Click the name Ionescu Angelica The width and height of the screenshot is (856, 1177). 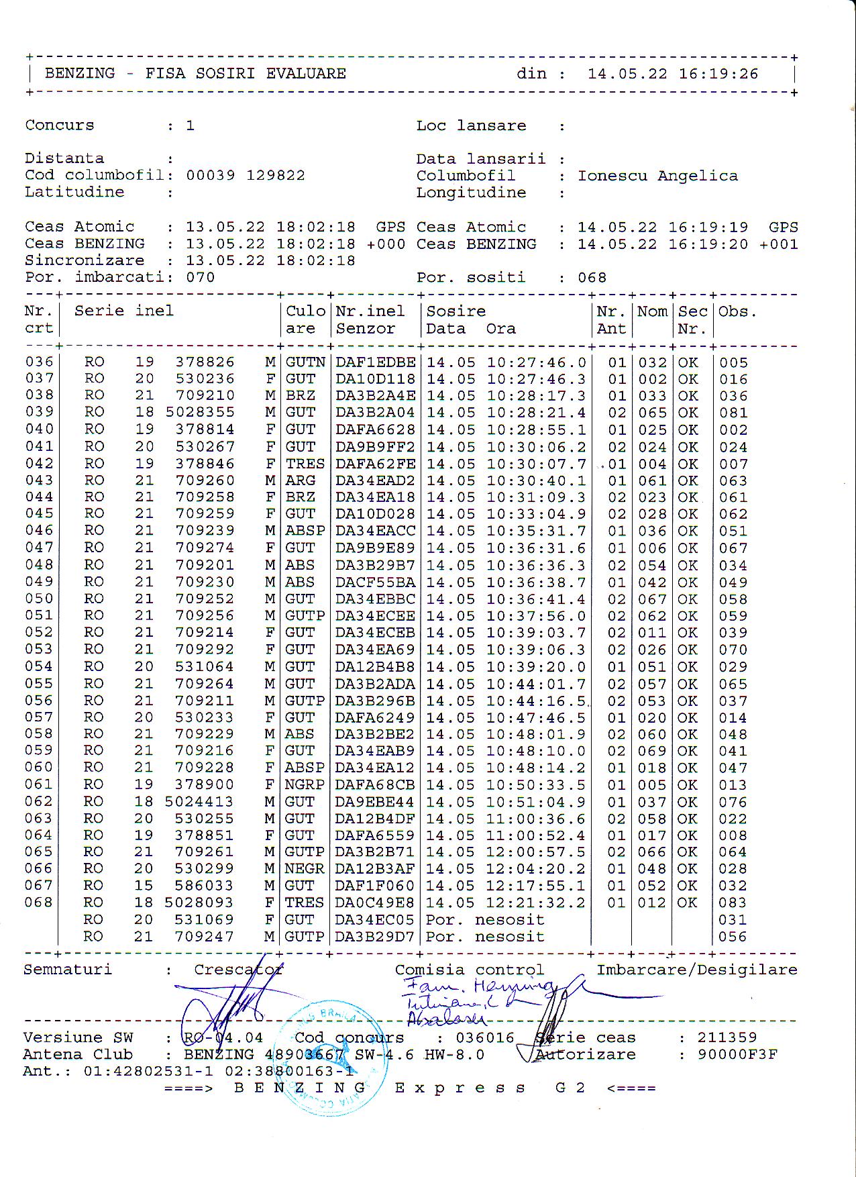coord(657,176)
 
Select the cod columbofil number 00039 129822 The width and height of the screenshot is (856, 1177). coord(246,176)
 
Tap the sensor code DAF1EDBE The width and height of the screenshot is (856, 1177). coord(375,362)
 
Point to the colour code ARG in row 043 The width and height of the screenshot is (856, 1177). coord(300,480)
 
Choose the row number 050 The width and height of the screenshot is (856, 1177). coord(39,599)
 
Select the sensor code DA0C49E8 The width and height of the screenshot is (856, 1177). coord(375,903)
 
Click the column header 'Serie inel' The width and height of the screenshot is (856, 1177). coord(124,311)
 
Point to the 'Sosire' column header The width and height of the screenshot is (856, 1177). coord(456,311)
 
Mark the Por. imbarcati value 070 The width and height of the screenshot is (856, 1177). coord(200,277)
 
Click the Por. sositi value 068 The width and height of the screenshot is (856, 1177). coord(592,277)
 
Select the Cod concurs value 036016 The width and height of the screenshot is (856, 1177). coord(484,1037)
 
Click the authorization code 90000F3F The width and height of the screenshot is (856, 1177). coord(737,1054)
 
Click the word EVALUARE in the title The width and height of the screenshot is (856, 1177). coord(306,74)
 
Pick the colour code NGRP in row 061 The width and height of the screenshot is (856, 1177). coord(305,784)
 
